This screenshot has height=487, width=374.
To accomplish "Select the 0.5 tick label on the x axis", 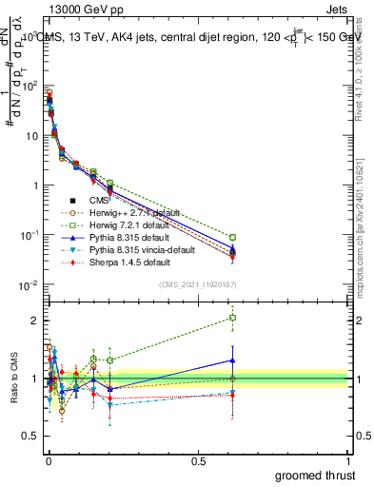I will (x=198, y=459).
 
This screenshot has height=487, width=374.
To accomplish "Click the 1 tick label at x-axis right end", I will (x=347, y=459).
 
